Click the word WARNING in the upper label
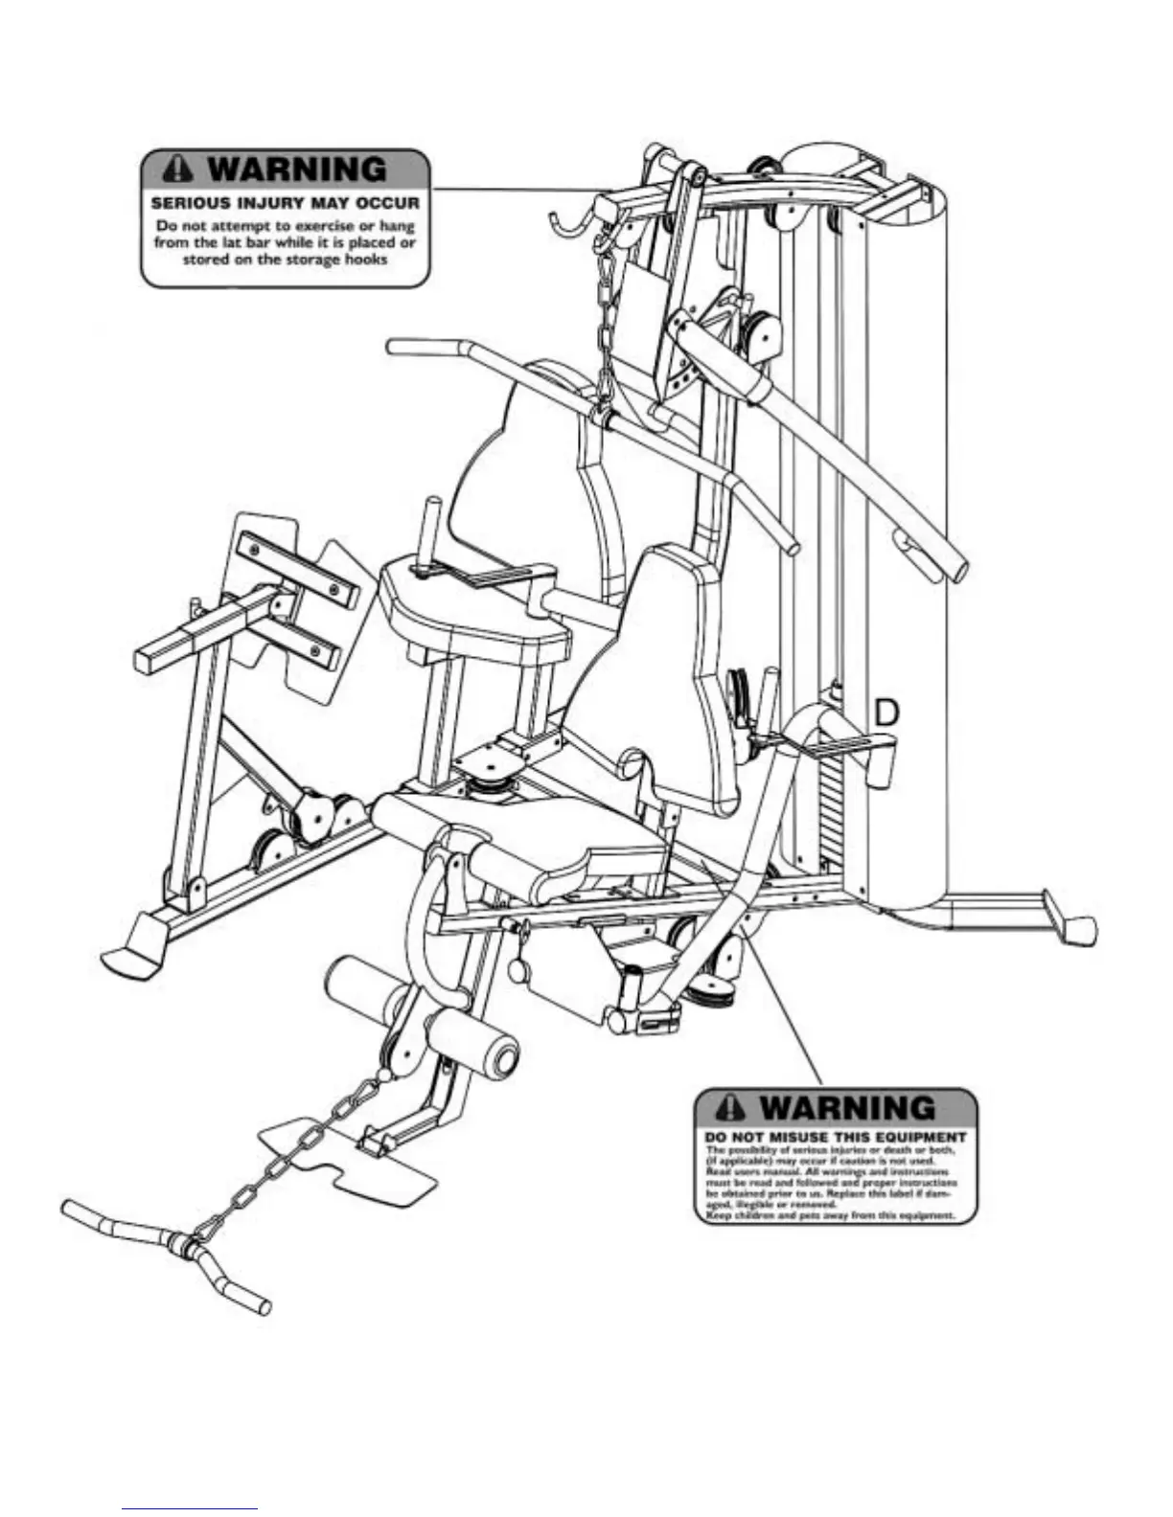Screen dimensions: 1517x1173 [298, 170]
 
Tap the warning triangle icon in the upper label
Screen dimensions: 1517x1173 [178, 170]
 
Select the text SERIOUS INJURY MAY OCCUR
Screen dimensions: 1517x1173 [286, 204]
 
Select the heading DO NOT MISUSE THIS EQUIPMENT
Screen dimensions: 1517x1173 [836, 1138]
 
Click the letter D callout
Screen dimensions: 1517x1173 [888, 713]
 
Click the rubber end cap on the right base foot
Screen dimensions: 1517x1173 [1081, 928]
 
